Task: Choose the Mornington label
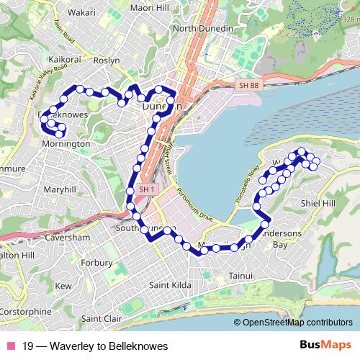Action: pyautogui.click(x=66, y=144)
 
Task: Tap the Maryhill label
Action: pyautogui.click(x=59, y=189)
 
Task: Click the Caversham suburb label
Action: pyautogui.click(x=67, y=237)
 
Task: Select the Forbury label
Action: pyautogui.click(x=96, y=262)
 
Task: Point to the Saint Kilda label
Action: pyautogui.click(x=170, y=286)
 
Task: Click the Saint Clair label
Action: pyautogui.click(x=102, y=318)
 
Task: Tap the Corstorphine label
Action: pyautogui.click(x=27, y=312)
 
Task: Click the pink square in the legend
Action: pyautogui.click(x=10, y=346)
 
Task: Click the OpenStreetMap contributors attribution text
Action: pyautogui.click(x=297, y=323)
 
